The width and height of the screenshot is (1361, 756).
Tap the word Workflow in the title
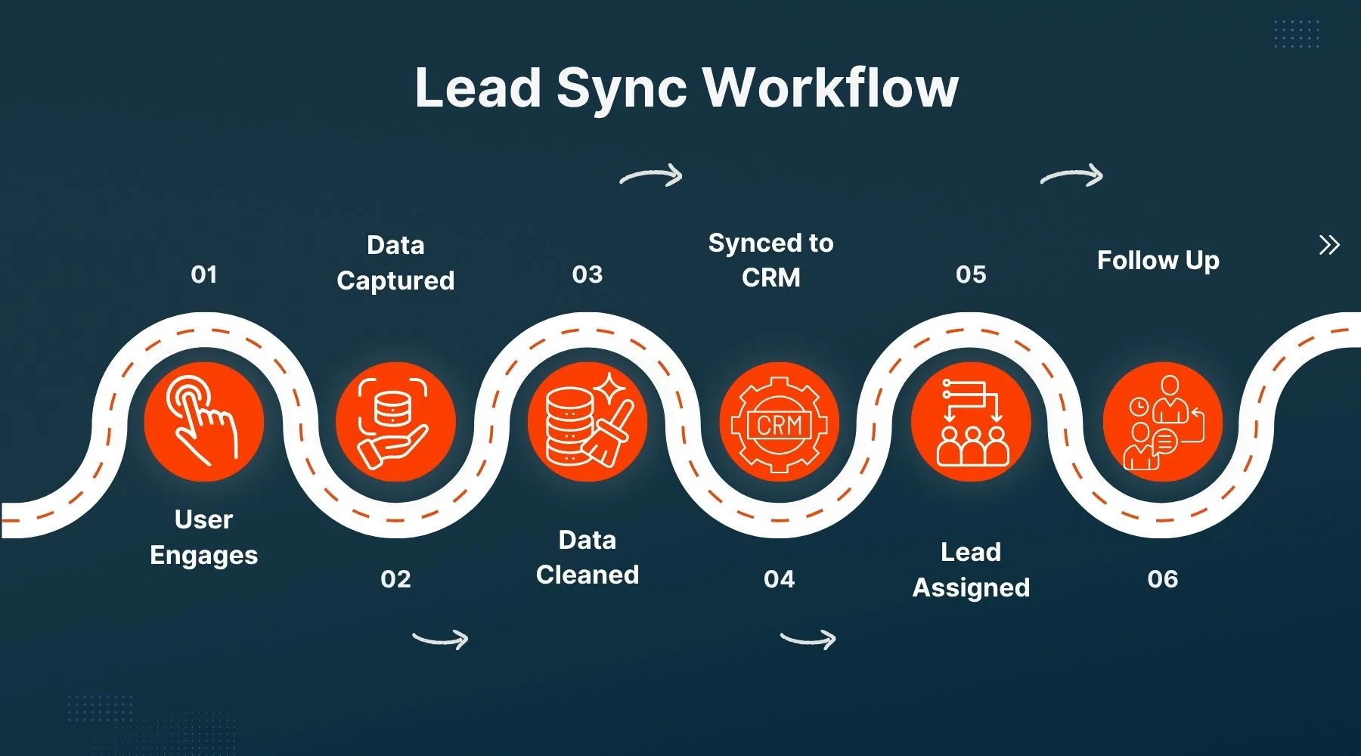pos(831,88)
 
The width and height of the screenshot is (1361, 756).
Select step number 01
pos(204,274)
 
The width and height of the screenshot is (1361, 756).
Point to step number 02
pos(395,579)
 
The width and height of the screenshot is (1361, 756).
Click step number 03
pos(587,274)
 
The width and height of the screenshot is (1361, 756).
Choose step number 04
pos(779,579)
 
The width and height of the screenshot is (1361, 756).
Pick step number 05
pos(971,274)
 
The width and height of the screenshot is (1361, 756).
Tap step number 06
pos(1162,579)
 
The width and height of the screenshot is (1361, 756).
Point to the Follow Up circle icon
pos(1162,421)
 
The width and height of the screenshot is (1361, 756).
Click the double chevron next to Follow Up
pos(1329,245)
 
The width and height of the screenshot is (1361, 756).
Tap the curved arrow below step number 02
pos(441,639)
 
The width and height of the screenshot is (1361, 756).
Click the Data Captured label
pos(395,262)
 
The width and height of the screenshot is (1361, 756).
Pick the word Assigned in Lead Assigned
pos(971,588)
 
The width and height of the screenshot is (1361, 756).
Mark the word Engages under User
pos(204,556)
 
